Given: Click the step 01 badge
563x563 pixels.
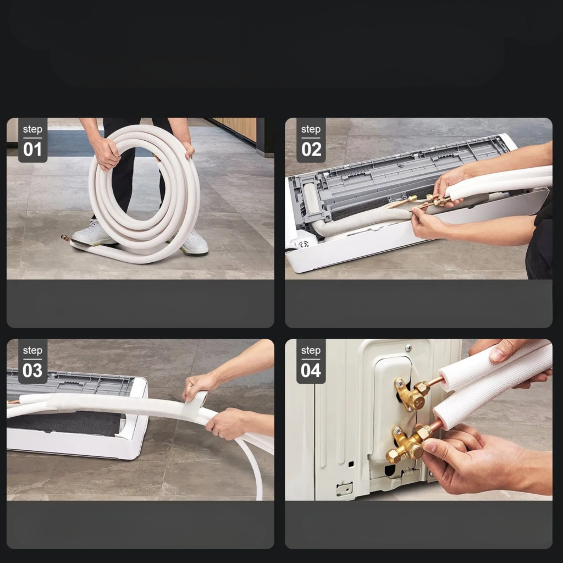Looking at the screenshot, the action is (32, 140).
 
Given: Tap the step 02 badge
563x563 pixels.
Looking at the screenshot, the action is (311, 140).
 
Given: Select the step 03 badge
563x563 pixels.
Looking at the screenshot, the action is (32, 361).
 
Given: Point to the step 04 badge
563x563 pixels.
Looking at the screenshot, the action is (311, 361).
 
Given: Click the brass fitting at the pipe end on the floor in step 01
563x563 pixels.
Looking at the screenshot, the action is (66, 238).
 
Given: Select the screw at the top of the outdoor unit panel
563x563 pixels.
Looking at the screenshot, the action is (409, 347).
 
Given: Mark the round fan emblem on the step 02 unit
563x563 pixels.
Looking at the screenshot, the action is (303, 245).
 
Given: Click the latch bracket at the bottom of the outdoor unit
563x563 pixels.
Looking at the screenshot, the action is (344, 489).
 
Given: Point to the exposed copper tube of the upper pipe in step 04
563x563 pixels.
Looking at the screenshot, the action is (435, 381).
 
